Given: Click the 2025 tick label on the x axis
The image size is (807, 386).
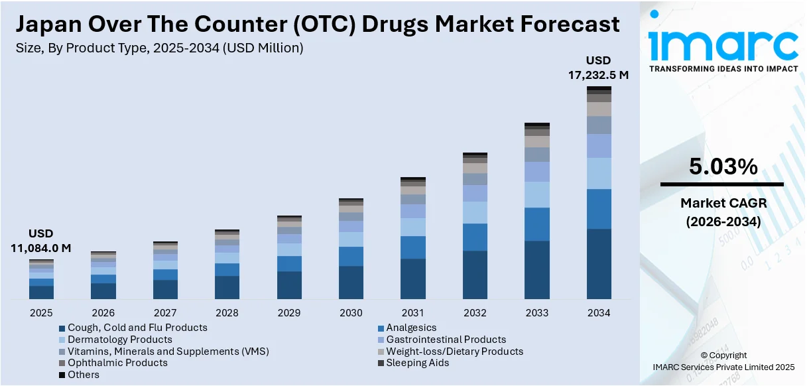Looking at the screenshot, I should [41, 312].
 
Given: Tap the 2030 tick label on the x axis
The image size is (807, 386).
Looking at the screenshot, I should [351, 312].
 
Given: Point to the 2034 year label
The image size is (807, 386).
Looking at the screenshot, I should [599, 312].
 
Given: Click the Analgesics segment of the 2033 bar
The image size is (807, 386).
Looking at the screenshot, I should [537, 224].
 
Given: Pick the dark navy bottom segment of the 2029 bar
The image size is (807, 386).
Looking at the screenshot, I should [289, 285].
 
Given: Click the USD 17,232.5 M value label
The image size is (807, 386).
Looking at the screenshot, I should [598, 68].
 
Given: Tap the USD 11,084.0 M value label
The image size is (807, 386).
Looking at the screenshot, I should [40, 241].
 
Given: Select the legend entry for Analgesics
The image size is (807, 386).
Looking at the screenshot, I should [411, 328].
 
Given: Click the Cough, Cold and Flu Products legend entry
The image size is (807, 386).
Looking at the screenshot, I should [137, 328].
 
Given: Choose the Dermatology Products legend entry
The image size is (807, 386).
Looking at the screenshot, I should [119, 340].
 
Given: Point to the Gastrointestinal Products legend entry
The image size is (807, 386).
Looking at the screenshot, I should [446, 340].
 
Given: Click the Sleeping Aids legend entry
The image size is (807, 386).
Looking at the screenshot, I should [417, 363].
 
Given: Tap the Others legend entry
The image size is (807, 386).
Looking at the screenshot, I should [83, 375].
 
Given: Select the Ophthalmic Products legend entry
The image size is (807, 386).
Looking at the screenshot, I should [117, 363].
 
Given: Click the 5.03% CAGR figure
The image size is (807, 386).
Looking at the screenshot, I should [723, 167].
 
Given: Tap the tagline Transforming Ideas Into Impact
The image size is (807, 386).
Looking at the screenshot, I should [723, 69].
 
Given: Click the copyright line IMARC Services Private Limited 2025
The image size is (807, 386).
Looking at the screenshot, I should [723, 367].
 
